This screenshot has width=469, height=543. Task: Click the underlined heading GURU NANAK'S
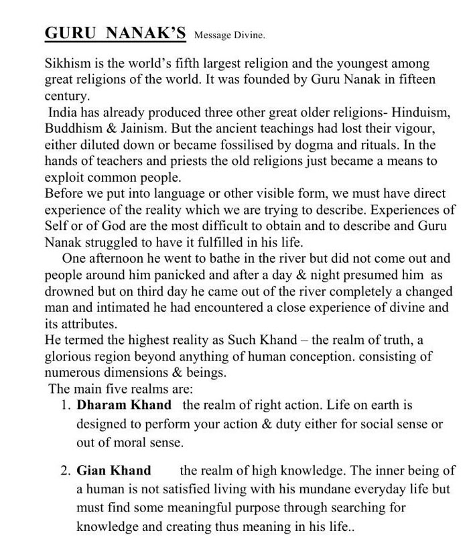click(x=114, y=34)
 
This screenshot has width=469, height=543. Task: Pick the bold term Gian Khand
click(x=114, y=470)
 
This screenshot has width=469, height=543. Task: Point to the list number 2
click(x=65, y=470)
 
